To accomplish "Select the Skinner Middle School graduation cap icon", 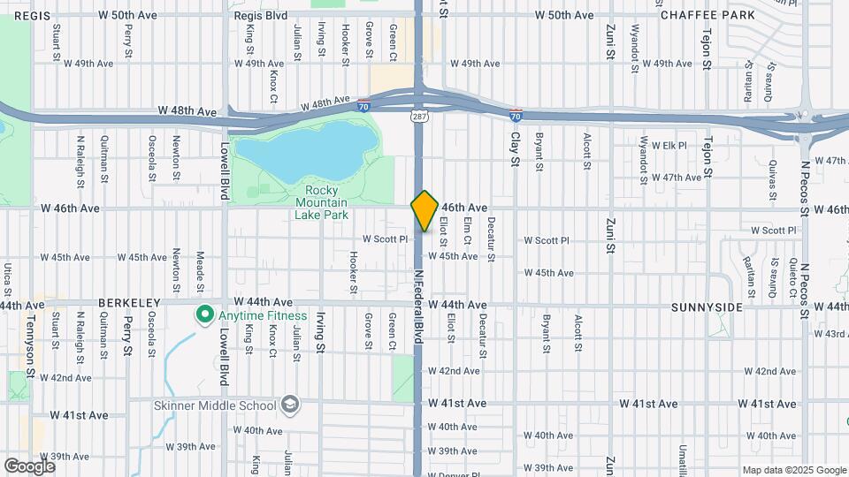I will click(x=288, y=405).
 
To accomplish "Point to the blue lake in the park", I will click(x=305, y=148).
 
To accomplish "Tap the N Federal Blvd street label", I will click(x=418, y=301).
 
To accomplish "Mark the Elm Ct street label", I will click(x=466, y=232).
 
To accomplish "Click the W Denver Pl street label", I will click(x=453, y=473).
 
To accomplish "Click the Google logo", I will click(x=29, y=465).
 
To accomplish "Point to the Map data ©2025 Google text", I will click(x=793, y=470).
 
